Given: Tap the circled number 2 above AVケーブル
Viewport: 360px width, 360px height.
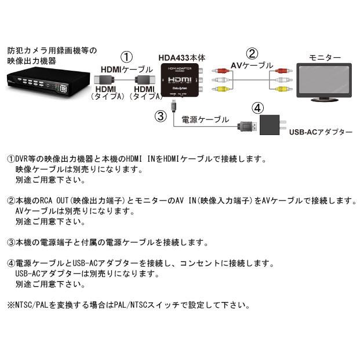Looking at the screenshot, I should click(251, 54).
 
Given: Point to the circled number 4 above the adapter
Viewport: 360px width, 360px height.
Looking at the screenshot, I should click(258, 108).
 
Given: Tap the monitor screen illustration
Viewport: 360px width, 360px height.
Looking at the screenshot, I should click(323, 81).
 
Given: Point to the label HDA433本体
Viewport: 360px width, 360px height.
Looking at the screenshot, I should click(181, 58).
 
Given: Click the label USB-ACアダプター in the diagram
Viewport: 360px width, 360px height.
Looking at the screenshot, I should click(320, 132).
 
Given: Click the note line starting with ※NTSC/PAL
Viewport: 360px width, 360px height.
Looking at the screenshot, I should click(129, 304).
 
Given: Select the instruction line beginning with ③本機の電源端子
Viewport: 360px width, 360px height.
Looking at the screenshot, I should click(107, 242).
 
